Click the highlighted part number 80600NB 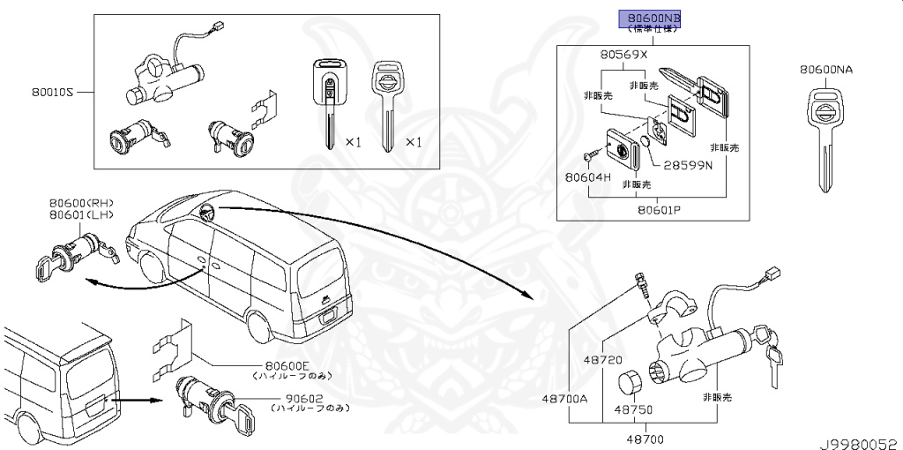tap(653, 17)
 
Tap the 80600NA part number tap(826, 69)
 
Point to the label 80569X tap(623, 54)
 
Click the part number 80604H tap(587, 176)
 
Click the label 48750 tap(633, 410)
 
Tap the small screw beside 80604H tap(590, 157)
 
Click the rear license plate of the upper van tap(327, 311)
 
